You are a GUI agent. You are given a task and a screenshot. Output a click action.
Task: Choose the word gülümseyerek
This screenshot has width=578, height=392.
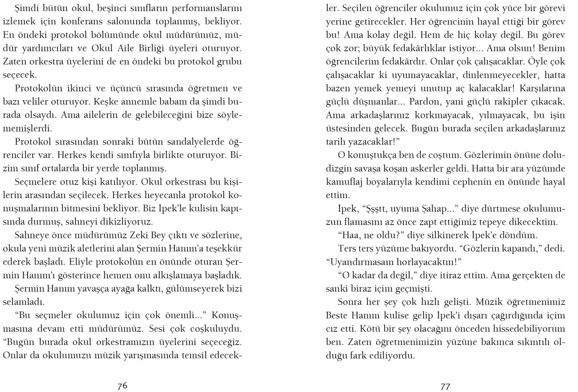click(193, 289)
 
